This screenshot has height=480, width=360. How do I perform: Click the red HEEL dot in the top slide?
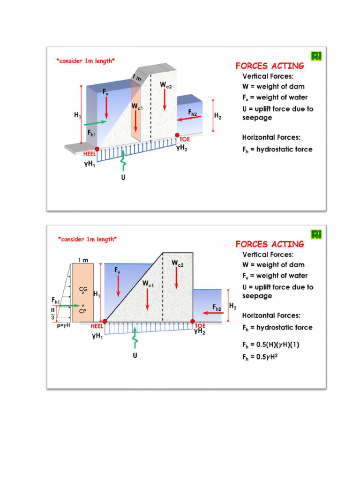(97, 148)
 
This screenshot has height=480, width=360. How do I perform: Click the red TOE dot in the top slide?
(177, 135)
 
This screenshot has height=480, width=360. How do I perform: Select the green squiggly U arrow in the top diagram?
(123, 162)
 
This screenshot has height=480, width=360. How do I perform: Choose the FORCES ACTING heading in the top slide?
(270, 66)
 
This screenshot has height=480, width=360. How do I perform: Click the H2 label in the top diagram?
(217, 115)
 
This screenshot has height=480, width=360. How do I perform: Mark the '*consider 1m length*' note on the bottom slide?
(87, 239)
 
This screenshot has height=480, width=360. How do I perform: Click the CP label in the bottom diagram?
(82, 310)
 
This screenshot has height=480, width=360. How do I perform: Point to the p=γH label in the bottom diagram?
(61, 324)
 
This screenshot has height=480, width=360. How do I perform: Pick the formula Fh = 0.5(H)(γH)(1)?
(270, 345)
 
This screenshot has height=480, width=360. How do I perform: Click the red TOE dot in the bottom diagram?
(193, 321)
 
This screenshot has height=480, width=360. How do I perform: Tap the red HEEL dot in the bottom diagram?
(105, 322)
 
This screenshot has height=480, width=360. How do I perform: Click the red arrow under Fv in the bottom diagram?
(118, 285)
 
